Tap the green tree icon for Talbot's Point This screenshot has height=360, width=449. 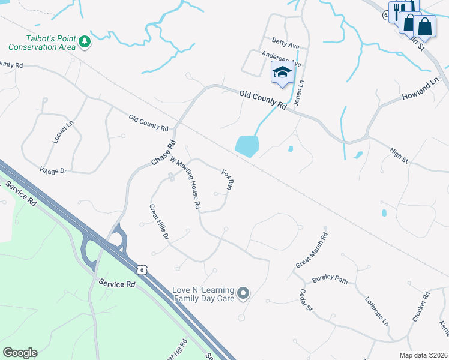tap(85, 41)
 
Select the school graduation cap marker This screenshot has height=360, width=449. tap(282, 73)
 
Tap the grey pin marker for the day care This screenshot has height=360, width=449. tap(243, 293)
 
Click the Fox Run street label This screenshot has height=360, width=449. tap(227, 179)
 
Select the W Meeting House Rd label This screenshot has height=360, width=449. tap(185, 182)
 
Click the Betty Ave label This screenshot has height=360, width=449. tap(285, 42)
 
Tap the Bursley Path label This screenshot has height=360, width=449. tap(330, 280)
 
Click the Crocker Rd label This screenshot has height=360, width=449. tap(420, 307)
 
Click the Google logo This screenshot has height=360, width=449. tap(20, 353)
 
